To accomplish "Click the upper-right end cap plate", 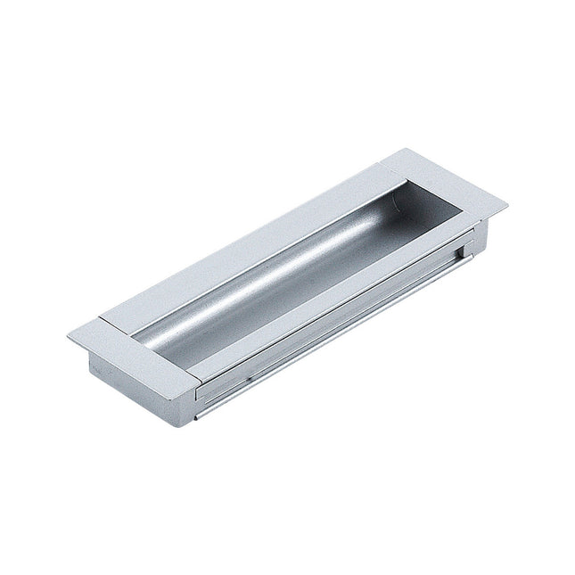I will pos(446,187).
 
